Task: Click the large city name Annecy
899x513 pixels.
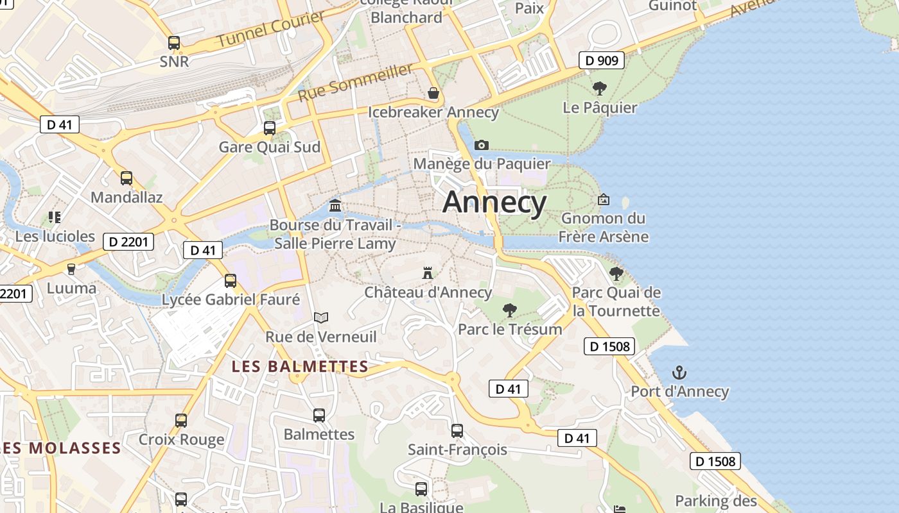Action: coord(494,202)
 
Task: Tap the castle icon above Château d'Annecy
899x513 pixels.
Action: coord(427,273)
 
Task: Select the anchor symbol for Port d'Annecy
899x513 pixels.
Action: coord(679,372)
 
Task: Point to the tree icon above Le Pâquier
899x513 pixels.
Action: coord(600,88)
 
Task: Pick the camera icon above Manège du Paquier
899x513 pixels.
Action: coord(481,145)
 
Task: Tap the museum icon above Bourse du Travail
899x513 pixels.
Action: coord(335,205)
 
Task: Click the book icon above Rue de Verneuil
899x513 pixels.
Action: coord(321,317)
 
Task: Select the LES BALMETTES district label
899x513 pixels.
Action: coord(300,367)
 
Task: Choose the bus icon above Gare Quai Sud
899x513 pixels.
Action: coord(270,128)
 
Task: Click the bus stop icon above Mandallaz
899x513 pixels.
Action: coord(127,178)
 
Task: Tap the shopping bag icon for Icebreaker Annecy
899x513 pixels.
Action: coord(433,94)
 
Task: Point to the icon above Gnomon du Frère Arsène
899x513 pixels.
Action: coord(603,199)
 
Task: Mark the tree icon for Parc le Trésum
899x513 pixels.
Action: coord(510,310)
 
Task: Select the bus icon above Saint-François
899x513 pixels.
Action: coord(457,430)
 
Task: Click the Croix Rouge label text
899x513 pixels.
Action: coord(182,440)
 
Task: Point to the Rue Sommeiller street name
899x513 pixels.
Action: coord(355,83)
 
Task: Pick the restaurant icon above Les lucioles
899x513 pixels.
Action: coord(55,217)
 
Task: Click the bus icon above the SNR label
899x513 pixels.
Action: coord(174,43)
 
